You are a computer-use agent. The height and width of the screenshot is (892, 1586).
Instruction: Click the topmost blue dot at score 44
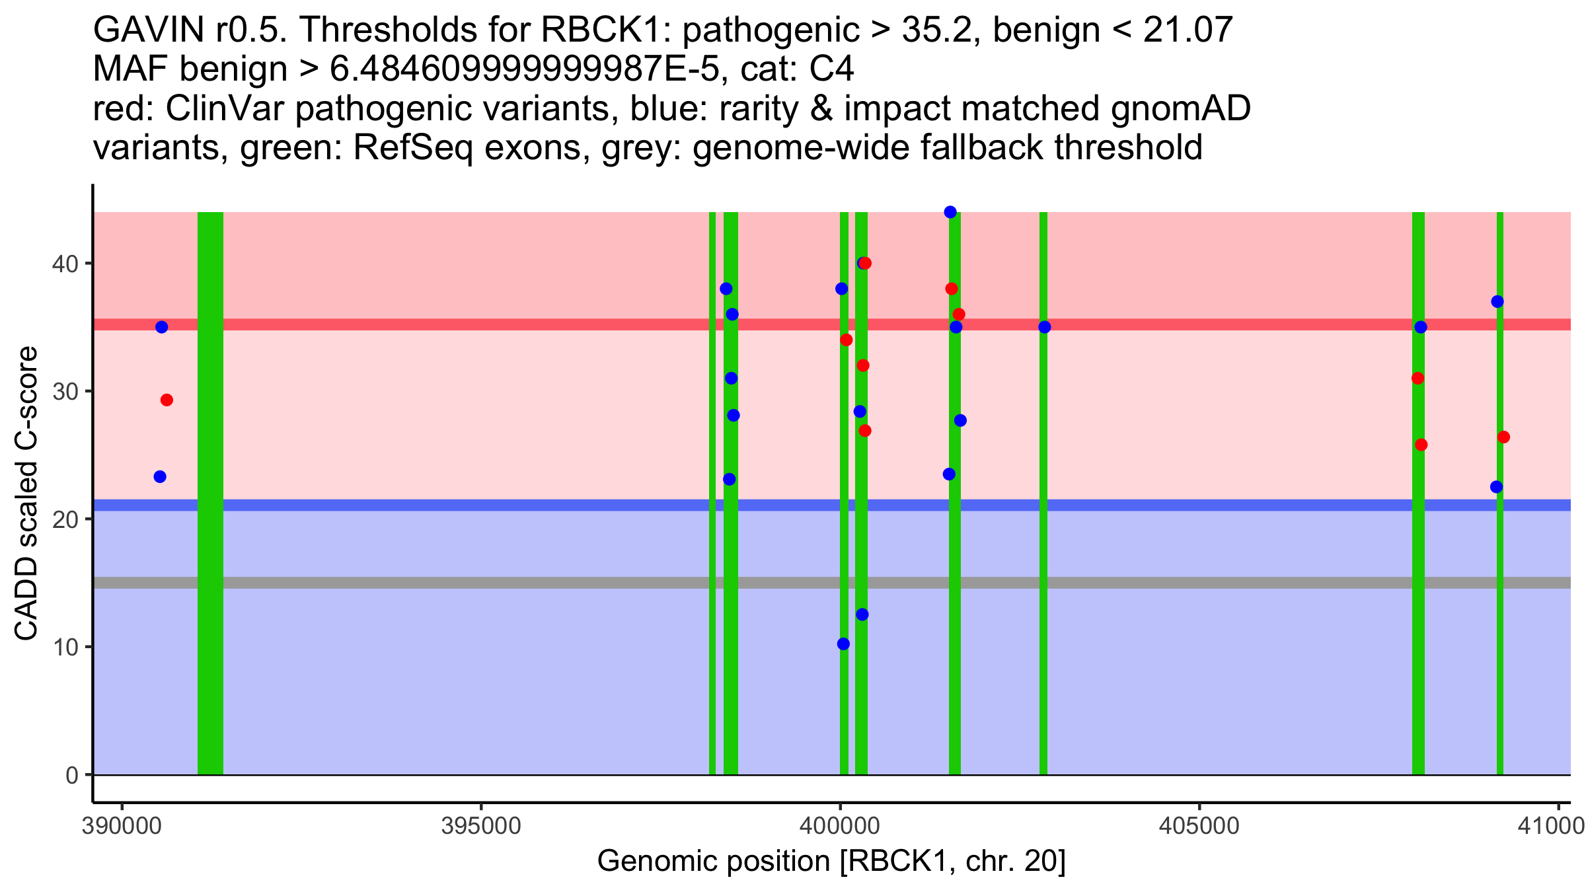click(950, 212)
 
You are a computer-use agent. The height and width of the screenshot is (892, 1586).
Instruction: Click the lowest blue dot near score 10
click(843, 644)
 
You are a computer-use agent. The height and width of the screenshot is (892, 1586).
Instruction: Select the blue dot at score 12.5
click(862, 614)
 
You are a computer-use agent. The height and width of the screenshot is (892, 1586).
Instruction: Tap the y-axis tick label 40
click(64, 264)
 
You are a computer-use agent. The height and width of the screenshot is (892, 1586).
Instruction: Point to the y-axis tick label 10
click(65, 648)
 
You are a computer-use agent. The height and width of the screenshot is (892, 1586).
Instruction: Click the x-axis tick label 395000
click(480, 827)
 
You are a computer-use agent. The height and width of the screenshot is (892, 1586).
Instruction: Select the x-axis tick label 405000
click(1199, 827)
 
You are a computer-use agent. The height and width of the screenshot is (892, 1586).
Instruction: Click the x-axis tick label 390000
click(122, 827)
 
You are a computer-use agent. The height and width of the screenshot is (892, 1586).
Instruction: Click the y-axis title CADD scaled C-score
click(26, 494)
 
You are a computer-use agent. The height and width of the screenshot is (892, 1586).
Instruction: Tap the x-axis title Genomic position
click(831, 862)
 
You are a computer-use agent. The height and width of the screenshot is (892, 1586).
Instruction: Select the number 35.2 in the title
click(932, 30)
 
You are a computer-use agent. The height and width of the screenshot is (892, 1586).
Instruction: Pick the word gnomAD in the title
click(1180, 109)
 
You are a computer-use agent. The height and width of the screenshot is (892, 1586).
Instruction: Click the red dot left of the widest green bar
click(167, 400)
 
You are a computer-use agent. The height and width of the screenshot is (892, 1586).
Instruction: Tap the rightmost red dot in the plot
click(1503, 437)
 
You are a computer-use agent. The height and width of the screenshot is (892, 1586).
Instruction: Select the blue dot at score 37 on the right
click(1497, 302)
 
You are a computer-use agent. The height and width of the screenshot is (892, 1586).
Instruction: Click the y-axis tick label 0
click(71, 775)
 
